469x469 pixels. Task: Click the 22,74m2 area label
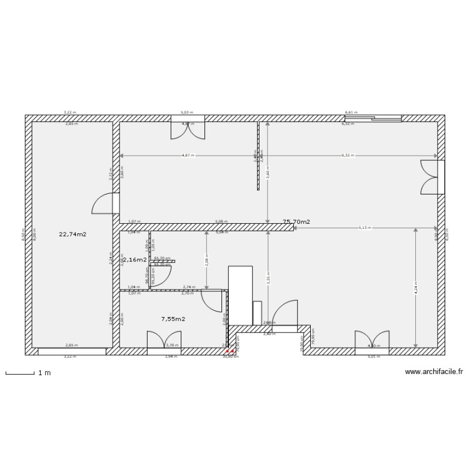(73, 234)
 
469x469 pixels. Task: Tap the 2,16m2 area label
(134, 259)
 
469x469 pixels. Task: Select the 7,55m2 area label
(173, 319)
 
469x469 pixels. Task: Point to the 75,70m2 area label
(296, 222)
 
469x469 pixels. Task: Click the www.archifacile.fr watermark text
(434, 371)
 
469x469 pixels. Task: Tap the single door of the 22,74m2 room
(105, 204)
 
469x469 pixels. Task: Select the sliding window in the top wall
(373, 118)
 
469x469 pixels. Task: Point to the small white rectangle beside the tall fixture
(256, 312)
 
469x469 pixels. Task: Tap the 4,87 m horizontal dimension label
(188, 155)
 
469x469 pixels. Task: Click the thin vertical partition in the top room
(258, 156)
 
